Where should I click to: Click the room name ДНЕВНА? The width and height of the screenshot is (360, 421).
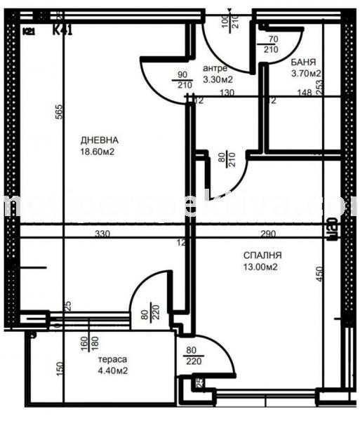click(x=99, y=139)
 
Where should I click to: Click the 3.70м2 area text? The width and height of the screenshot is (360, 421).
click(x=307, y=73)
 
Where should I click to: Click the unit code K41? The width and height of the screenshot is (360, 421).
click(x=66, y=29)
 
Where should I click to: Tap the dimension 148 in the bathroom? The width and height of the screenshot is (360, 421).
click(x=304, y=91)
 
